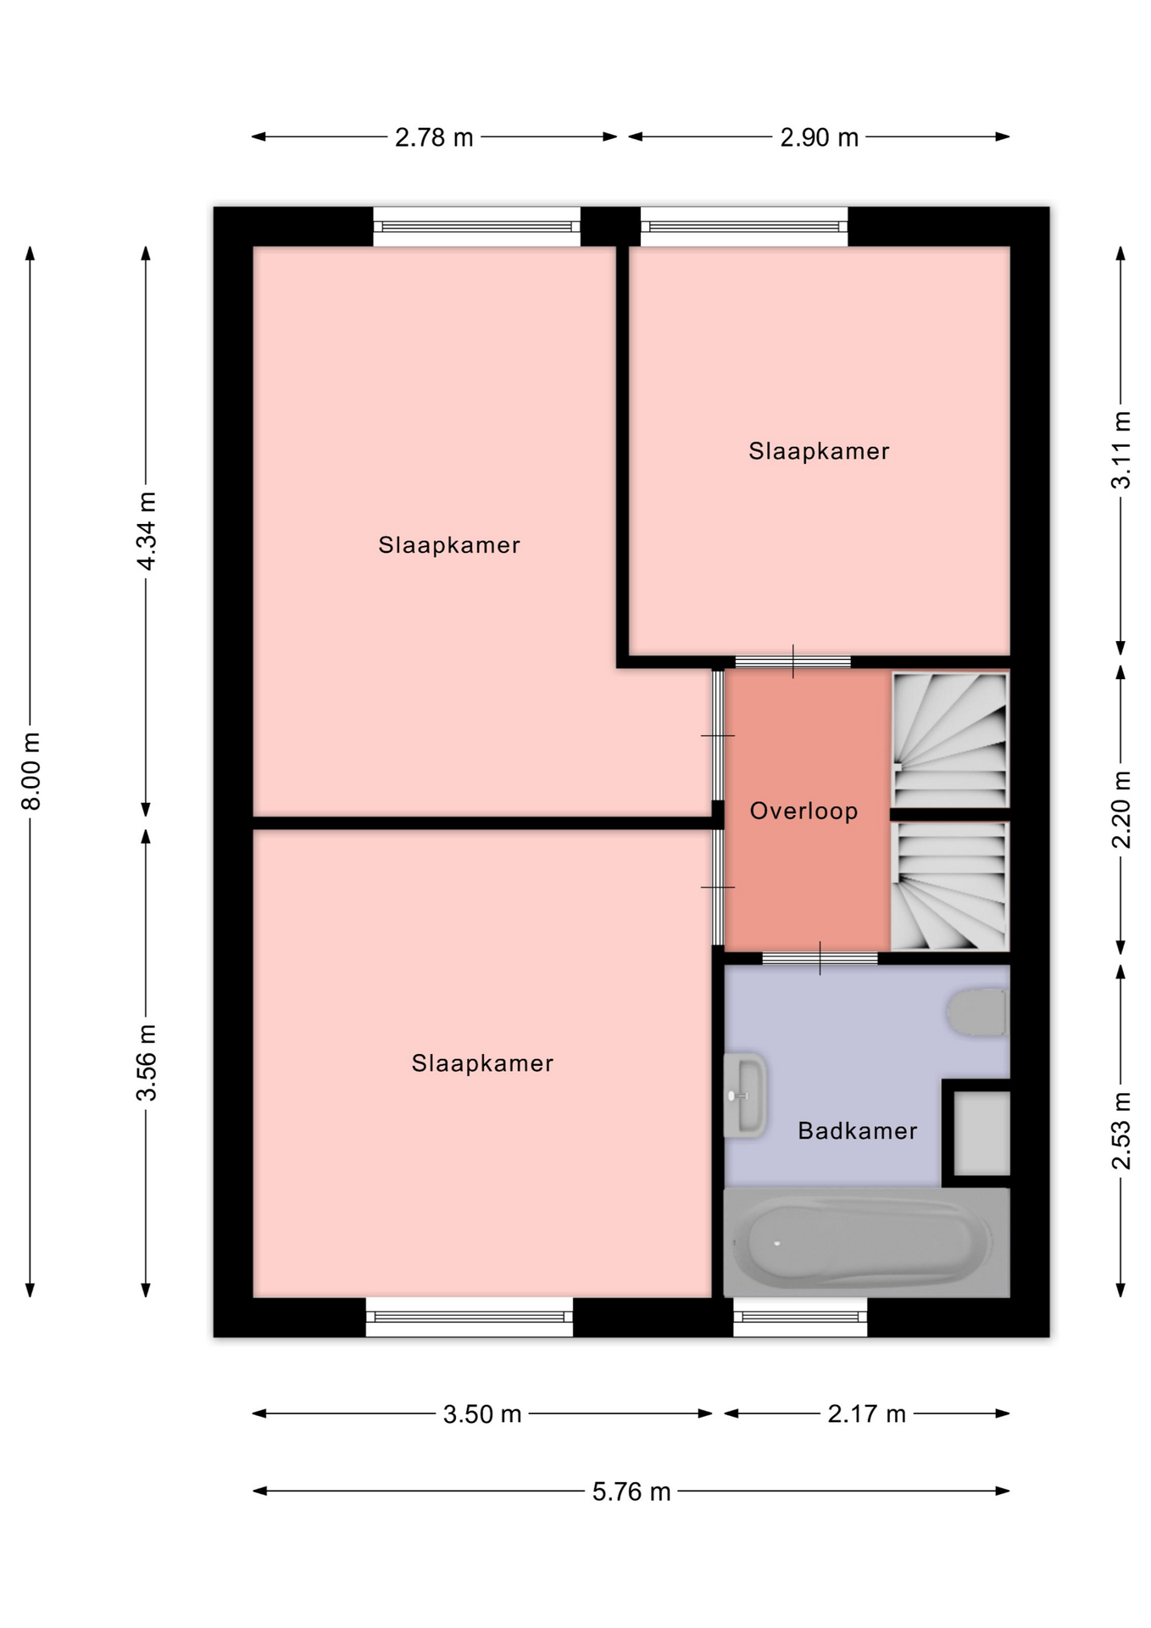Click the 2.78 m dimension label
pyautogui.click(x=434, y=137)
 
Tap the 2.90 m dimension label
pyautogui.click(x=819, y=137)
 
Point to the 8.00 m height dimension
pyautogui.click(x=31, y=771)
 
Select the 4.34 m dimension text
pyautogui.click(x=147, y=531)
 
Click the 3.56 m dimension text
pyautogui.click(x=147, y=1062)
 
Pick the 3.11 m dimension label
pyautogui.click(x=1120, y=450)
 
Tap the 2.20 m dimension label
pyautogui.click(x=1120, y=809)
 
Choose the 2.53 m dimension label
pyautogui.click(x=1120, y=1131)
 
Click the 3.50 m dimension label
pyautogui.click(x=482, y=1414)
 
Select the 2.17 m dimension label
pyautogui.click(x=867, y=1414)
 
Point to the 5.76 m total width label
pyautogui.click(x=631, y=1491)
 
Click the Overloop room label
pyautogui.click(x=804, y=811)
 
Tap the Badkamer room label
pyautogui.click(x=858, y=1130)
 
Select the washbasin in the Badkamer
pyautogui.click(x=745, y=1096)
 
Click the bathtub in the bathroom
pyautogui.click(x=866, y=1242)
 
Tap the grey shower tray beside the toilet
pyautogui.click(x=981, y=1133)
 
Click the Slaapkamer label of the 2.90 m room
pyautogui.click(x=819, y=451)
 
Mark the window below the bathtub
pyautogui.click(x=800, y=1317)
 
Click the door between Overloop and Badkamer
pyautogui.click(x=820, y=959)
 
